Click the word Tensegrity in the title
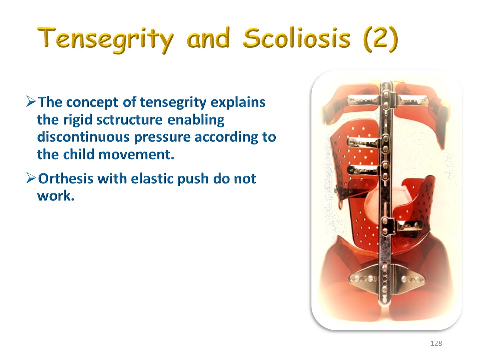coord(105,40)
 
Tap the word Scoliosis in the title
coord(297,38)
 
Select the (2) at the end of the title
coord(380,39)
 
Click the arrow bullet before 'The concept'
coord(31,101)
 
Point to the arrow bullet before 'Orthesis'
coord(31,178)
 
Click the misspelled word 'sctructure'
coord(130,120)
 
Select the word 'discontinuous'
coord(83,137)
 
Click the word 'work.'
coord(56,196)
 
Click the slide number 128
coord(436,343)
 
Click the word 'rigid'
coord(78,120)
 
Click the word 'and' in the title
coord(208,38)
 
